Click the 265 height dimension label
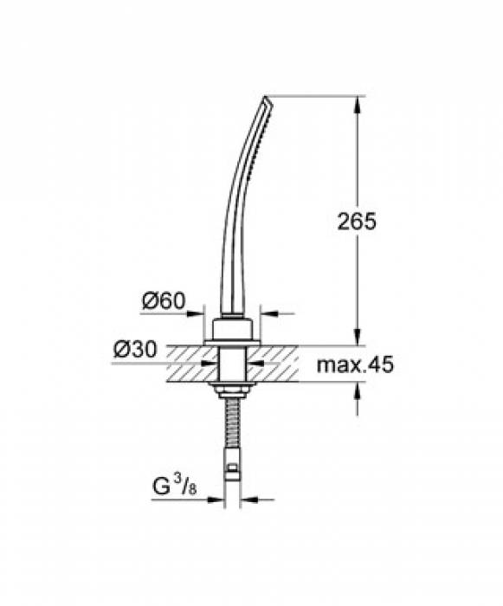click(358, 222)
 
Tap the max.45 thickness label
click(354, 365)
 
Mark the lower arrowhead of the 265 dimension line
click(358, 338)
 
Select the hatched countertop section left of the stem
click(186, 364)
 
